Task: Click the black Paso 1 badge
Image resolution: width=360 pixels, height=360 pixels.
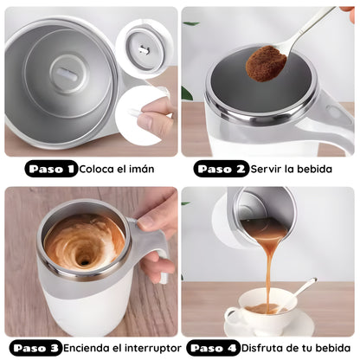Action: pyautogui.click(x=51, y=169)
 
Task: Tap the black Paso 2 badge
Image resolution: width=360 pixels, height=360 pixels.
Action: pyautogui.click(x=221, y=169)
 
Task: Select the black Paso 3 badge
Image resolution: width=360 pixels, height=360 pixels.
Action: pyautogui.click(x=36, y=348)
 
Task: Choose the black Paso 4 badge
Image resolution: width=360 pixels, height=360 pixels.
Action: pyautogui.click(x=214, y=348)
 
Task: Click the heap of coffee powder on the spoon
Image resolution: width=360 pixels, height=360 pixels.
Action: pyautogui.click(x=266, y=63)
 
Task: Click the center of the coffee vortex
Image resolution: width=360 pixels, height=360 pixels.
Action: pyautogui.click(x=84, y=262)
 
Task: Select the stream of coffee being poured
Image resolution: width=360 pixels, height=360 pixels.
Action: pyautogui.click(x=270, y=271)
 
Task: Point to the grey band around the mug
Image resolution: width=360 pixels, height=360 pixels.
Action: pyautogui.click(x=87, y=288)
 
